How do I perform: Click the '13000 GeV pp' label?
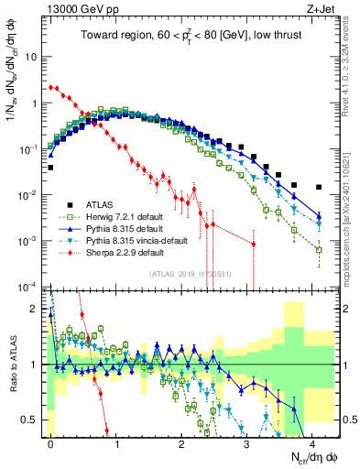(79, 8)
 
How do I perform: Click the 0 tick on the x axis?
(50, 442)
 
